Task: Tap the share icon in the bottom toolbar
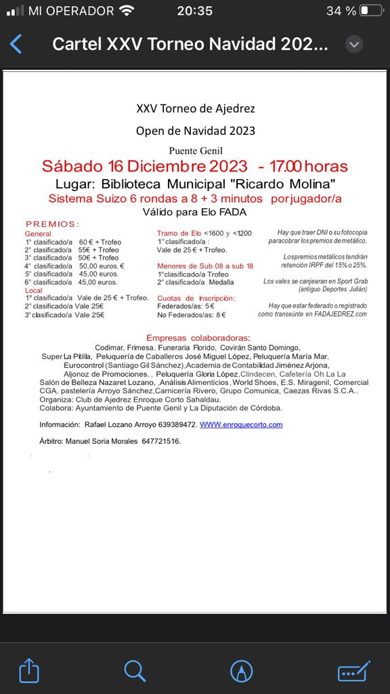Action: click(28, 671)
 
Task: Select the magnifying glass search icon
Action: click(135, 671)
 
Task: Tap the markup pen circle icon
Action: click(240, 671)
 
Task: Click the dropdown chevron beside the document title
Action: click(353, 45)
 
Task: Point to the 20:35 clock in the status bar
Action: click(194, 11)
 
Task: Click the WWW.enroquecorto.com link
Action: click(241, 425)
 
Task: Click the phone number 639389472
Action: click(175, 425)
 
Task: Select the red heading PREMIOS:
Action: click(53, 224)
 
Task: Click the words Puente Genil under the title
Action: click(196, 150)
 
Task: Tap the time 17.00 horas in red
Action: click(309, 167)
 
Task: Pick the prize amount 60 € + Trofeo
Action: click(100, 242)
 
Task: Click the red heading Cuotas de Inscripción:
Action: click(196, 298)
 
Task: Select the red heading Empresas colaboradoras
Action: click(197, 338)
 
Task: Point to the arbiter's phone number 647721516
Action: click(161, 441)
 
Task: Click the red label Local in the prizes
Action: click(33, 290)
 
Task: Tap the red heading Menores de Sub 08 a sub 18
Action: click(205, 266)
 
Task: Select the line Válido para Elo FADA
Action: click(195, 211)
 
